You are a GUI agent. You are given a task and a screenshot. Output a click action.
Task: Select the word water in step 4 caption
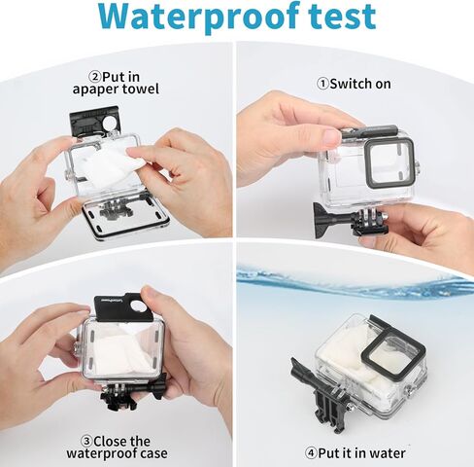[x=387, y=452]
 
